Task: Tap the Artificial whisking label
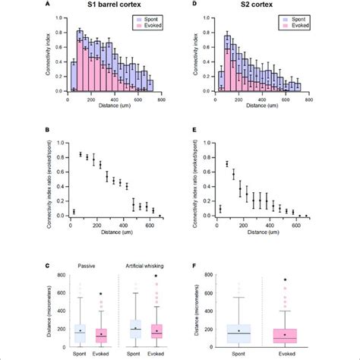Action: pos(148,266)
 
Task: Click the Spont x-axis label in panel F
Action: pos(239,353)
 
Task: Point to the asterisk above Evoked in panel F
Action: pos(285,280)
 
